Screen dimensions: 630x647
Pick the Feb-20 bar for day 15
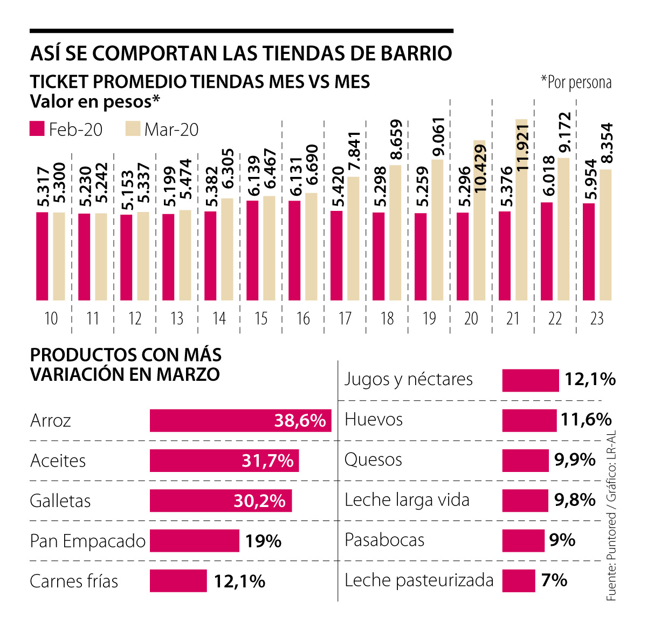point(252,250)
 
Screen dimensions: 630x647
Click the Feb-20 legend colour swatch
point(37,129)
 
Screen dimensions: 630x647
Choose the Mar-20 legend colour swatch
point(133,129)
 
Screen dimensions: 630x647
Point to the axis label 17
point(345,319)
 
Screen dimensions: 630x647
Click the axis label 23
point(597,319)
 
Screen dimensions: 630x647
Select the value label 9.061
point(438,137)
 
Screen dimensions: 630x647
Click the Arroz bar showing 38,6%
point(240,421)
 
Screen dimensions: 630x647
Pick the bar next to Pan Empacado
point(194,541)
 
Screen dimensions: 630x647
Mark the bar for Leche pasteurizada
point(518,581)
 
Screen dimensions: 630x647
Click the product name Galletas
point(60,501)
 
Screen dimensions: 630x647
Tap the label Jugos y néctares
point(409,379)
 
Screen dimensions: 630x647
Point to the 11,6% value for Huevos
point(586,420)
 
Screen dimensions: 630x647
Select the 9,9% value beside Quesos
point(575,460)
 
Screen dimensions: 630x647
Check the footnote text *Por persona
point(576,83)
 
